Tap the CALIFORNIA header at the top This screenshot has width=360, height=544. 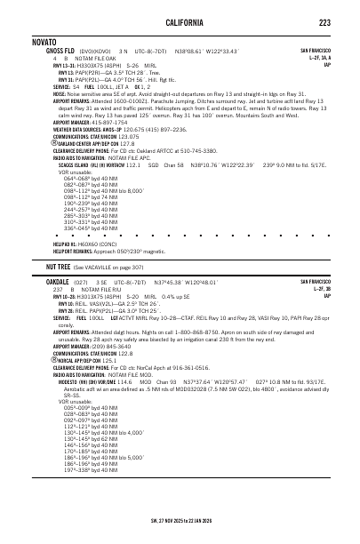coord(180,21)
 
